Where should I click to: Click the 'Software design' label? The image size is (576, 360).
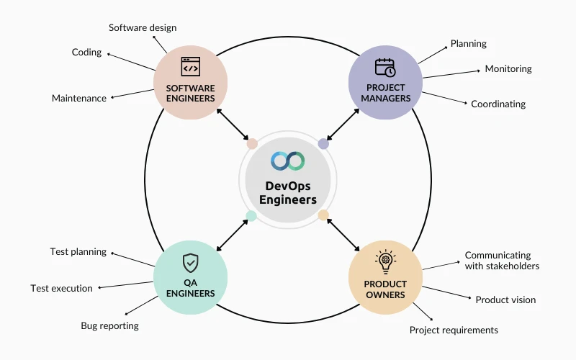click(x=143, y=28)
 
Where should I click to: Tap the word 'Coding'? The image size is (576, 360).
click(x=86, y=53)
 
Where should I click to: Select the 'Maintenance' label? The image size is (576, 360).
click(x=78, y=98)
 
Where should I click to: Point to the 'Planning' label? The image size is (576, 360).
click(x=468, y=44)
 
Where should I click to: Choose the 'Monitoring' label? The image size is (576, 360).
click(x=508, y=69)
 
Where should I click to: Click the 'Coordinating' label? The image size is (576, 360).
click(x=498, y=104)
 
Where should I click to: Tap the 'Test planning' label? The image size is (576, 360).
click(x=78, y=252)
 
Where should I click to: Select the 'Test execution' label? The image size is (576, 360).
click(x=61, y=289)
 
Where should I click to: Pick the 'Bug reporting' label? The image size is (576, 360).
click(x=109, y=326)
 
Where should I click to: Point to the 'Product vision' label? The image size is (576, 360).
click(x=505, y=300)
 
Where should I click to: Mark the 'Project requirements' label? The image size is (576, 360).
click(x=454, y=330)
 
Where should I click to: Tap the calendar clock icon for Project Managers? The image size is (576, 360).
click(x=385, y=68)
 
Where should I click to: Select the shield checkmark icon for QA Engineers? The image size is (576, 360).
click(x=190, y=261)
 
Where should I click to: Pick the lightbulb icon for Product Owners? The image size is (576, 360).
click(x=385, y=261)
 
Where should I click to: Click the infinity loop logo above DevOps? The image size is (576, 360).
click(x=288, y=161)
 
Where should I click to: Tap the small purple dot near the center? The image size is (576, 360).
click(x=323, y=144)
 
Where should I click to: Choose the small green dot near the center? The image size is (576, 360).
click(x=251, y=215)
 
